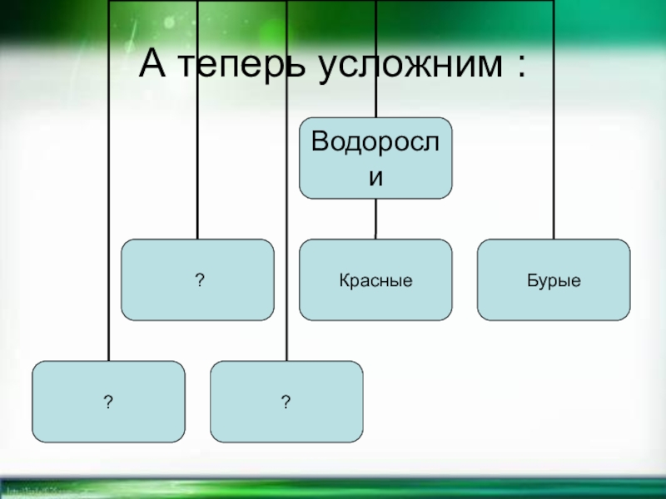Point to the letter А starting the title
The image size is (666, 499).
[x=152, y=63]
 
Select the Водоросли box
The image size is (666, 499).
[x=375, y=157]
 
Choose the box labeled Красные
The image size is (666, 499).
[x=375, y=279]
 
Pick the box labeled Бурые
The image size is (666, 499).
[x=554, y=279]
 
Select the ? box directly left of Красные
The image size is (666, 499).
[x=197, y=279]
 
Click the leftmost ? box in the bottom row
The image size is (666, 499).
[x=108, y=401]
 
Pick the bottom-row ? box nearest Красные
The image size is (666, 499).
[x=286, y=401]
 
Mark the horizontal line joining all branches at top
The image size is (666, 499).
[x=333, y=1]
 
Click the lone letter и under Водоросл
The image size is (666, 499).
[x=375, y=177]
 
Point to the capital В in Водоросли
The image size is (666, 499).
[x=320, y=141]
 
